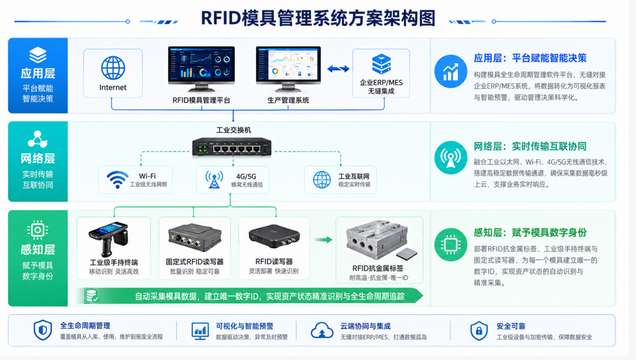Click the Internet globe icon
[113, 68]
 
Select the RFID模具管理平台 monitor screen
[201, 64]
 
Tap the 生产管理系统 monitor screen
[288, 64]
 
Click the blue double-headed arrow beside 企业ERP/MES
[338, 69]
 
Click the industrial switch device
[231, 147]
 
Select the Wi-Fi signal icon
[117, 179]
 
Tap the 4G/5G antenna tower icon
[214, 179]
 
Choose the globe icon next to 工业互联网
[321, 179]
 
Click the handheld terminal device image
[108, 239]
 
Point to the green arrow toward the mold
[323, 240]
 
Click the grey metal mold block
[376, 239]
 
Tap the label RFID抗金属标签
[378, 268]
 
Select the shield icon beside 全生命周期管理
[42, 330]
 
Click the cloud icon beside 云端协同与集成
[322, 330]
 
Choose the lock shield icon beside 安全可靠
[478, 331]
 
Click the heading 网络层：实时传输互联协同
[530, 146]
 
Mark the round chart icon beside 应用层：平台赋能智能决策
[450, 72]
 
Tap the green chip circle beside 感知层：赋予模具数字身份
[450, 245]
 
